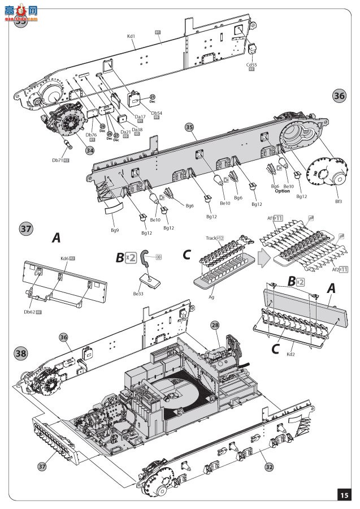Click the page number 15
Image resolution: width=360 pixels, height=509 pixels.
[344, 495]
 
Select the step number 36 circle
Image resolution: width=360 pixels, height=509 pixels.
[339, 96]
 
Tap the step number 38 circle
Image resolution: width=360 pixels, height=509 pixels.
[21, 352]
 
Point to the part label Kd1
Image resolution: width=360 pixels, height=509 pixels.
[131, 36]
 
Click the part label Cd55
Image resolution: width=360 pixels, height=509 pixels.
[251, 64]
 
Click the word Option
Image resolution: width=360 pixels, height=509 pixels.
[282, 191]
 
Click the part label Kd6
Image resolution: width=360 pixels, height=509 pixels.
[64, 258]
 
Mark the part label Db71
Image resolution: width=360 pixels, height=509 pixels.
[57, 161]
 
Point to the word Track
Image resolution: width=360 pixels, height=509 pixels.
[211, 238]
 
